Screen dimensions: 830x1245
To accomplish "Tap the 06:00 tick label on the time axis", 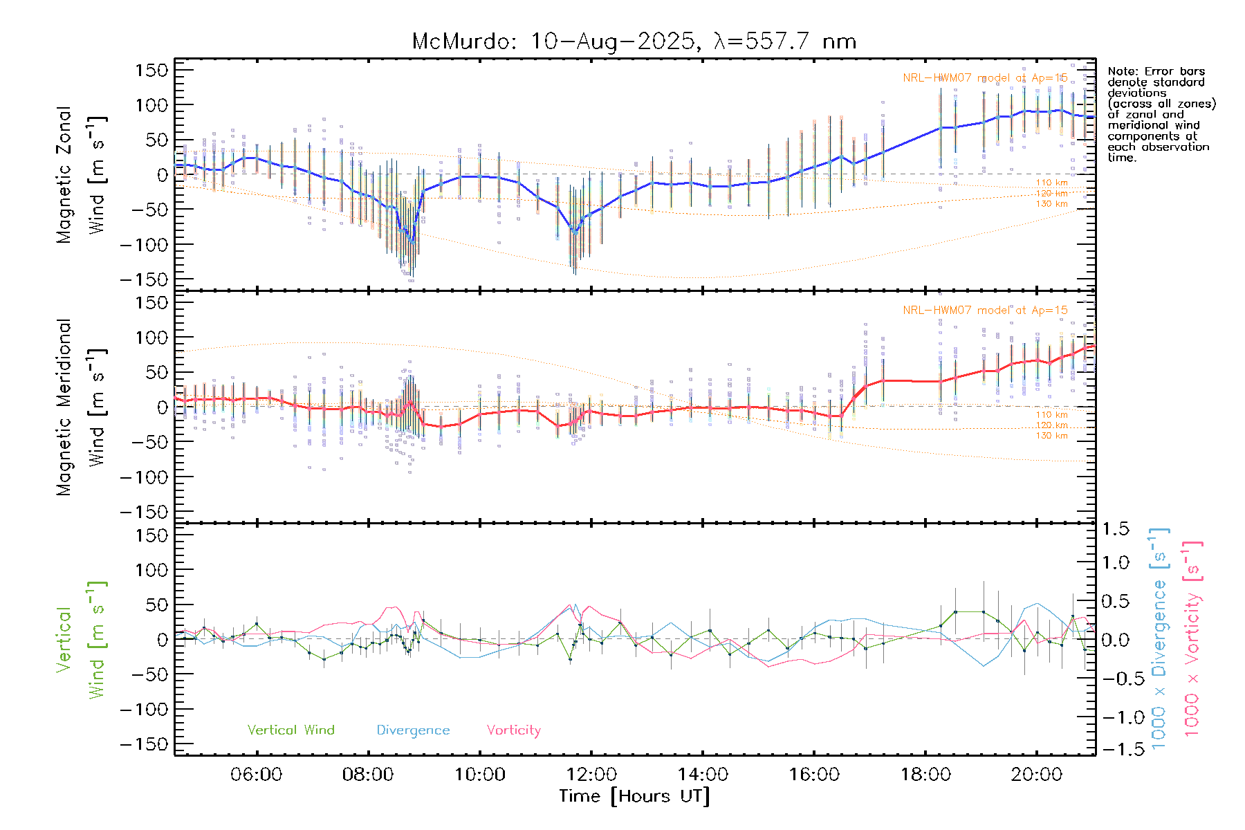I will pos(256,774).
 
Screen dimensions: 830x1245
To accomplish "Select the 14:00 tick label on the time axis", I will pos(703,774).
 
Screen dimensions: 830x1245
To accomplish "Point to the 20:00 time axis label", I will pos(1036,774).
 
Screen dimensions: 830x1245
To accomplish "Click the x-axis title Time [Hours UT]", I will pos(634,796).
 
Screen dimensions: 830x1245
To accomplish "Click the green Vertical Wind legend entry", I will pos(290,730).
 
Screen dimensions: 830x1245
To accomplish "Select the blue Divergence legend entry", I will pos(413,730).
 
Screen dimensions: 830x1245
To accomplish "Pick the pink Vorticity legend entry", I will pos(513,730).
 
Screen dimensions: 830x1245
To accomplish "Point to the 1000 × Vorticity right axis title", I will pos(1192,638).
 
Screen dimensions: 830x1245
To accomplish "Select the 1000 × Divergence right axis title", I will pos(1159,638).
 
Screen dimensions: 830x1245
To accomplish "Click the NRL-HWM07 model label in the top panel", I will pos(985,77).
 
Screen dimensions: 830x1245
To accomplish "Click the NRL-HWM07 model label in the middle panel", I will pos(985,310).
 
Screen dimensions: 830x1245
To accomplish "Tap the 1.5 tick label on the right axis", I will pos(1115,529).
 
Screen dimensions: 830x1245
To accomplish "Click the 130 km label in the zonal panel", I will pos(1051,203).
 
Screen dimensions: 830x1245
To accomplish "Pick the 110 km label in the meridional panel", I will pos(1051,415).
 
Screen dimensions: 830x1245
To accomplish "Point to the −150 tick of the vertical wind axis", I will pos(144,744).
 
